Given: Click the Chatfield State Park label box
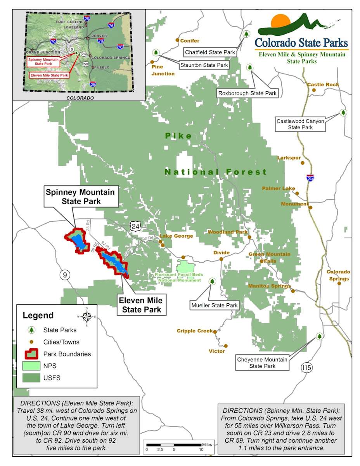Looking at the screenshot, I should point(210,52).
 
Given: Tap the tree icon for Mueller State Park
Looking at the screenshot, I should point(212,281).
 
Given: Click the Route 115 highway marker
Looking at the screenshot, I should point(306,367).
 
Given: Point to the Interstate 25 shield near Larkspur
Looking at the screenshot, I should point(310,177).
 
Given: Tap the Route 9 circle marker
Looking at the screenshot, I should point(65,275).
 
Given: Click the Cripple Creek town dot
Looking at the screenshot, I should point(215,332).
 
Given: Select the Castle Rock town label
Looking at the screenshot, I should point(323,84).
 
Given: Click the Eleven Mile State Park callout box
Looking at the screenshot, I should point(140,305).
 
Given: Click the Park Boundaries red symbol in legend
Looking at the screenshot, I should point(31,354).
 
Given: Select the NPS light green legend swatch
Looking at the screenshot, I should point(31,365).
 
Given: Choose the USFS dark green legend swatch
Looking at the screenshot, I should point(31,377).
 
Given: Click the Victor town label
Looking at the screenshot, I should point(216,351).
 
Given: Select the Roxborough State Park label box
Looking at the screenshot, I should point(247,93).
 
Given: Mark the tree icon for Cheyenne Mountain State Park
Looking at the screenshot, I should point(320,336).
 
